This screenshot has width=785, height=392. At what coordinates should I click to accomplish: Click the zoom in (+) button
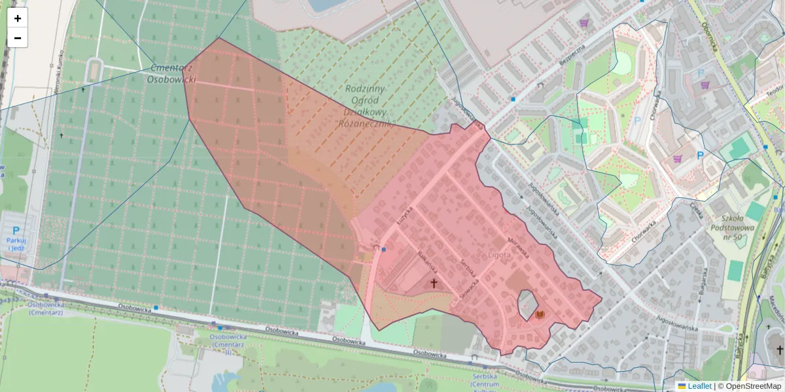click(18, 18)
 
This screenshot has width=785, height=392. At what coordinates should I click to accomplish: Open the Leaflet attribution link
click(699, 386)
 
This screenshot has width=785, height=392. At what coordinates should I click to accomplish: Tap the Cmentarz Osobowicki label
click(171, 73)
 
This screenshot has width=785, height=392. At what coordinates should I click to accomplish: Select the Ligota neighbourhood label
click(499, 255)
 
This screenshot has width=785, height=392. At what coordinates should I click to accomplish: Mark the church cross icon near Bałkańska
click(433, 284)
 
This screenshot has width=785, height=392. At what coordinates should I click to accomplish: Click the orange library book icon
click(540, 315)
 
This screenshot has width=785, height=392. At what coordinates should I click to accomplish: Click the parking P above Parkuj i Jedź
click(16, 231)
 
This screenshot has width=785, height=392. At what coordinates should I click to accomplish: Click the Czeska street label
click(695, 213)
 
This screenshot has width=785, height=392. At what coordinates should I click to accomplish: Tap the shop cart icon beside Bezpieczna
click(584, 23)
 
